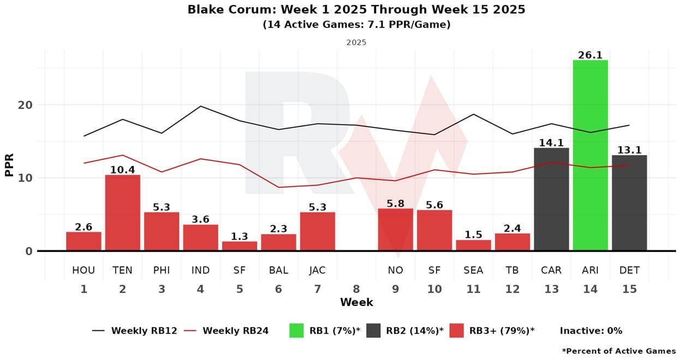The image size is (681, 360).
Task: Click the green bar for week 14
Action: pyautogui.click(x=590, y=155)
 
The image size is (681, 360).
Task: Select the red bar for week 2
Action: pyautogui.click(x=123, y=213)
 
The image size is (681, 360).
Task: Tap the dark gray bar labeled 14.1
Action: pyautogui.click(x=551, y=199)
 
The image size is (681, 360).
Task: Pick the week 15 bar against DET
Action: pyautogui.click(x=629, y=203)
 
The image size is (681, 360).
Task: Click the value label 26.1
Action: pyautogui.click(x=590, y=55)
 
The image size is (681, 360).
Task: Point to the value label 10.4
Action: pyautogui.click(x=123, y=170)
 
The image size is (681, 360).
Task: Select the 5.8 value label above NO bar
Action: pyautogui.click(x=396, y=203)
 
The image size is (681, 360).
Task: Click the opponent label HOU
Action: pyautogui.click(x=83, y=270)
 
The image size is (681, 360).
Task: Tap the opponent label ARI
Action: pyautogui.click(x=590, y=270)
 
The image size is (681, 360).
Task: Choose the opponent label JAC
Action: pyautogui.click(x=318, y=270)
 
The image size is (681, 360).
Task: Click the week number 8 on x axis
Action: pyautogui.click(x=357, y=289)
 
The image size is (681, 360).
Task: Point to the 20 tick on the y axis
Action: pyautogui.click(x=25, y=105)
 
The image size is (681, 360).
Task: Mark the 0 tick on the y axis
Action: pyautogui.click(x=28, y=251)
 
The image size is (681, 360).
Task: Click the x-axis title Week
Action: pyautogui.click(x=356, y=302)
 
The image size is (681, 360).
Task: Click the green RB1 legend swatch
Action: pyautogui.click(x=296, y=331)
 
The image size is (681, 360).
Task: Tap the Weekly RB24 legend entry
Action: pyautogui.click(x=235, y=331)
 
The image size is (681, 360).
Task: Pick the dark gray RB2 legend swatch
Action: pyautogui.click(x=373, y=331)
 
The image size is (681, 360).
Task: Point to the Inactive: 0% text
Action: pyautogui.click(x=591, y=331)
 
